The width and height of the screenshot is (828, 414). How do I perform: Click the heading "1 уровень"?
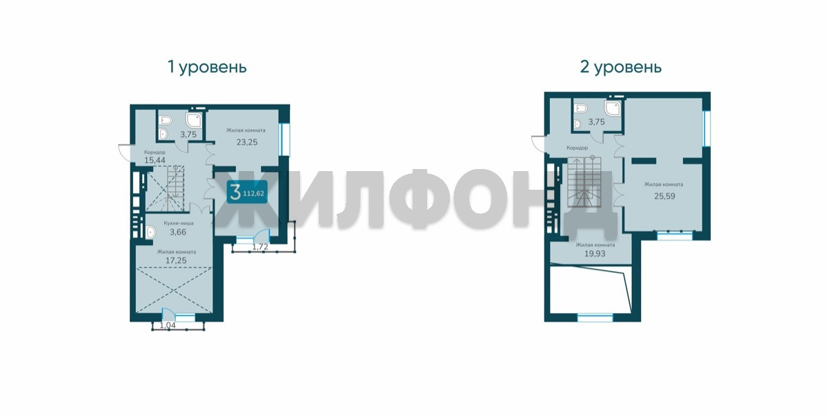(x=207, y=68)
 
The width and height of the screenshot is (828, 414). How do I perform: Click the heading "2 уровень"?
(x=621, y=68)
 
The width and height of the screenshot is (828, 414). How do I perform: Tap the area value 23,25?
(x=247, y=142)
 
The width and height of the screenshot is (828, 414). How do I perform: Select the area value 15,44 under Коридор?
(x=155, y=160)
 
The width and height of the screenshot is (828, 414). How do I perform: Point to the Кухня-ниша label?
(x=179, y=224)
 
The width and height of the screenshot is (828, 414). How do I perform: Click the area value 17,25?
(x=176, y=260)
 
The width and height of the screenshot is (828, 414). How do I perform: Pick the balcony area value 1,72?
(x=260, y=246)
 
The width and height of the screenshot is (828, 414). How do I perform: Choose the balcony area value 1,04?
(x=168, y=325)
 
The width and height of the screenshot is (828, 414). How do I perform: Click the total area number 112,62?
(x=254, y=193)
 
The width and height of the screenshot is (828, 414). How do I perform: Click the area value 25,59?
(x=664, y=196)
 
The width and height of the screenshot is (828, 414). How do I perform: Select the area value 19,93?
(x=595, y=254)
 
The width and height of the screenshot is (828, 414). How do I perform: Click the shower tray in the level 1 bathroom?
(x=194, y=120)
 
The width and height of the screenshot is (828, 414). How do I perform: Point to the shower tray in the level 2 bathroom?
(x=613, y=108)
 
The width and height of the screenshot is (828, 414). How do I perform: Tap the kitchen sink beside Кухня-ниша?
(x=150, y=232)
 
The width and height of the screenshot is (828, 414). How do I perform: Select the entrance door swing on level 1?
(x=125, y=152)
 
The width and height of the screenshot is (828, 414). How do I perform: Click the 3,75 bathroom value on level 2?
(x=596, y=122)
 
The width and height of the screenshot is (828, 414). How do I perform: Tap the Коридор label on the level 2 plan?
(x=577, y=148)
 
